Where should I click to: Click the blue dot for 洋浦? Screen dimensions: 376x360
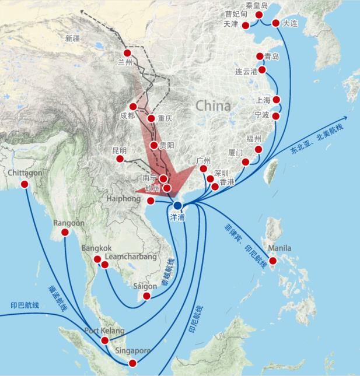[x=177, y=205]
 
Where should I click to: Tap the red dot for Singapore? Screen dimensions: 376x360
[x=132, y=363]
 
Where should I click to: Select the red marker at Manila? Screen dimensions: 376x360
[x=272, y=261]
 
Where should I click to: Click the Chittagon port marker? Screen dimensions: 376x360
[x=25, y=184]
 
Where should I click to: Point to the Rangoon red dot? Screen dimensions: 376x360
[x=65, y=232]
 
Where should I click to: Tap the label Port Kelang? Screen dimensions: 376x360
[x=105, y=331]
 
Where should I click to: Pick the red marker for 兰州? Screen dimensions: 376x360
[x=127, y=53]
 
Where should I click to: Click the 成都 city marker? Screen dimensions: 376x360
[x=133, y=107]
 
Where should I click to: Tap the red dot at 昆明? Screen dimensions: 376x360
[x=120, y=159]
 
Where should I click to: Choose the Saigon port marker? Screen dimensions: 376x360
[x=146, y=296]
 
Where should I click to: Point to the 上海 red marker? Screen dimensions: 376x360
[x=277, y=100]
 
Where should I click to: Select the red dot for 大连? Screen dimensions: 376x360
[x=275, y=23]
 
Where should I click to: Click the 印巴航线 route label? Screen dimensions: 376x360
[x=25, y=304]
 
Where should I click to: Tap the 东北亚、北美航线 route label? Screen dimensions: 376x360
[x=317, y=140]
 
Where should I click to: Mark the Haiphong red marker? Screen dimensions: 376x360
[x=151, y=201]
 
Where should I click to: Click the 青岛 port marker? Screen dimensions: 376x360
[x=260, y=57]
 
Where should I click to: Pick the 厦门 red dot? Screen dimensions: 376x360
[x=246, y=161]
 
